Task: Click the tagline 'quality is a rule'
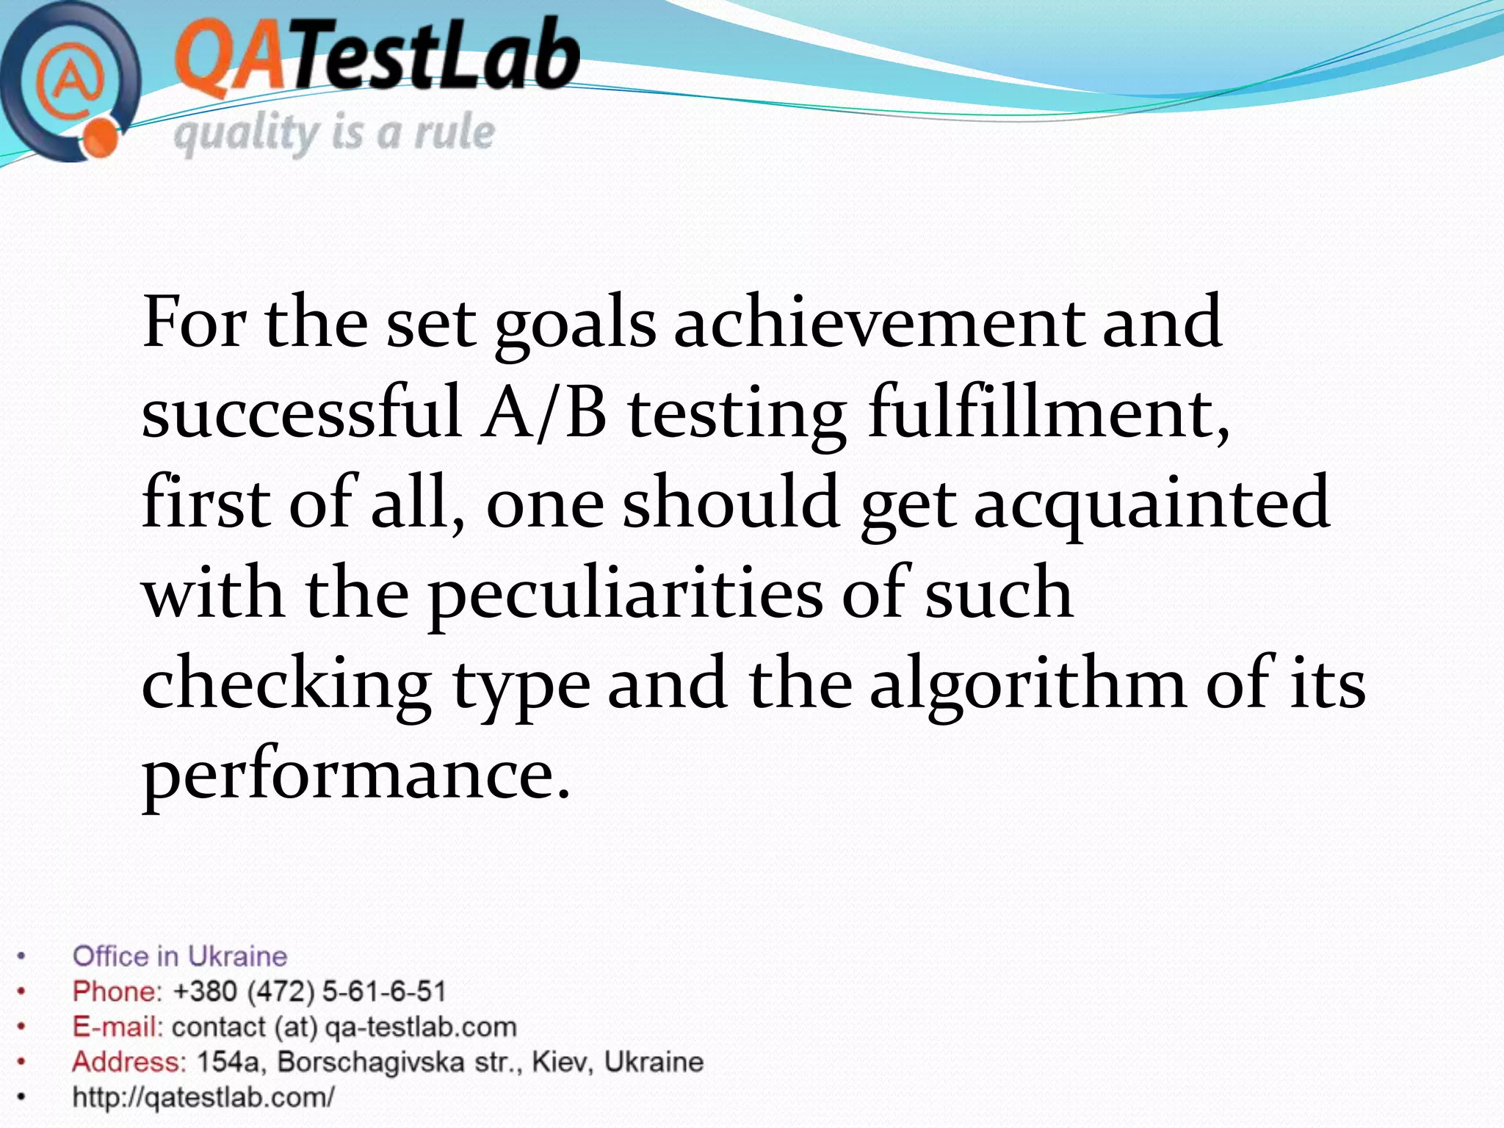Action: pyautogui.click(x=334, y=134)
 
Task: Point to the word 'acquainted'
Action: pyautogui.click(x=1151, y=503)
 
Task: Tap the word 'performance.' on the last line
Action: pyautogui.click(x=356, y=775)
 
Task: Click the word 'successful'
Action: pyautogui.click(x=301, y=413)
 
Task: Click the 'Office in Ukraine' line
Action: pyautogui.click(x=180, y=957)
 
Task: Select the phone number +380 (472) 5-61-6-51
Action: pyautogui.click(x=309, y=992)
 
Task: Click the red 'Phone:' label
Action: pyautogui.click(x=116, y=992)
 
